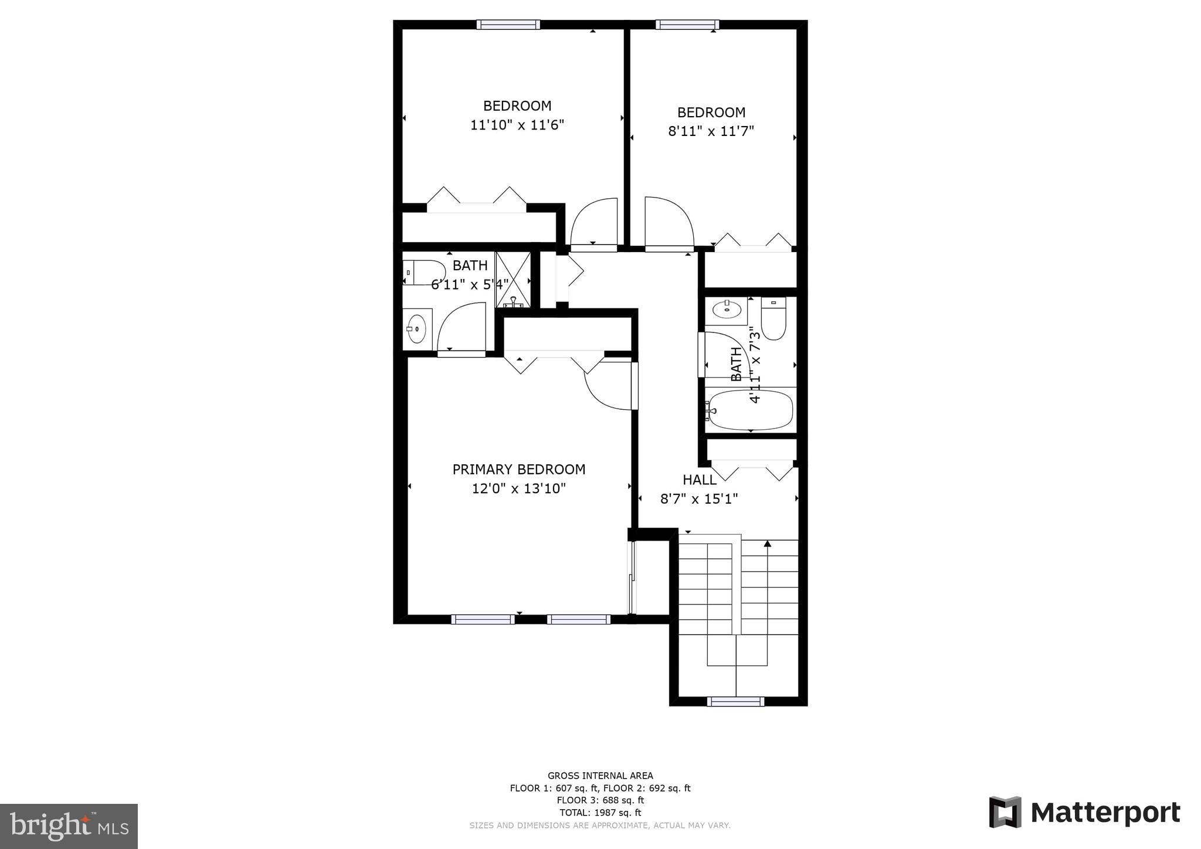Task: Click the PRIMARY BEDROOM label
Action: [518, 470]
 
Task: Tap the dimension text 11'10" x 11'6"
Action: [517, 125]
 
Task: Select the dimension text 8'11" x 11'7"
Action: [711, 131]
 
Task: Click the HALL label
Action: [699, 480]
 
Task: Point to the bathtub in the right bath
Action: [751, 410]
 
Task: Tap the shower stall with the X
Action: [513, 280]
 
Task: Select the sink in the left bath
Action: [417, 329]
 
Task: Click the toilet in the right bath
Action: [773, 319]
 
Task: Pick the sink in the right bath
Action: [726, 310]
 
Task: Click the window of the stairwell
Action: [735, 701]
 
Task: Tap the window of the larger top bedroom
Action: [508, 25]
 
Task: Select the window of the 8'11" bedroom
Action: [687, 25]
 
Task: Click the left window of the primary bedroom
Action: [483, 619]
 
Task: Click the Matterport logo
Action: [1084, 813]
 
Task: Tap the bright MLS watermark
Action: [69, 826]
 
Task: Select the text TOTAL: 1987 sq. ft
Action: [600, 813]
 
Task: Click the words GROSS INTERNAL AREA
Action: [600, 776]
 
